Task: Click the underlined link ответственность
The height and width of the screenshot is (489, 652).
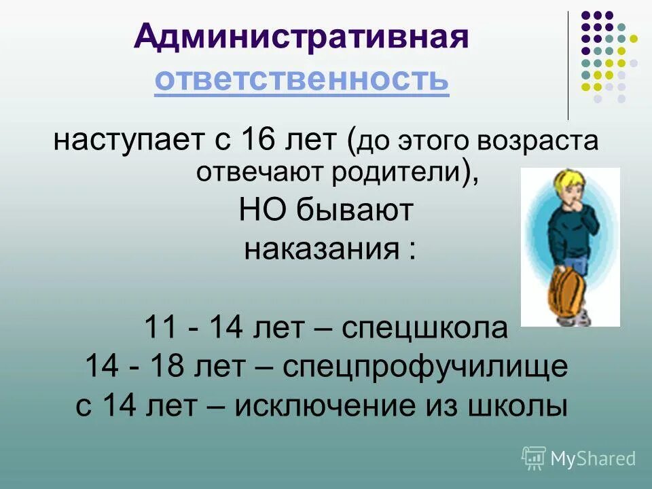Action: click(x=301, y=81)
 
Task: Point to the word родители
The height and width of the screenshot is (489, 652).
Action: click(x=396, y=173)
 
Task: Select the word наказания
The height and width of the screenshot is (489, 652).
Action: click(x=323, y=249)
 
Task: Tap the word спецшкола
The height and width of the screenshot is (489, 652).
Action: click(x=424, y=329)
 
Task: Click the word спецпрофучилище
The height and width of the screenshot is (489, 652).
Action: click(x=425, y=367)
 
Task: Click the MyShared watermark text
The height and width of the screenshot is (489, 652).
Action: click(x=592, y=458)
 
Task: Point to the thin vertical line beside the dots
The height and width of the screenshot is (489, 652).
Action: click(x=568, y=65)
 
